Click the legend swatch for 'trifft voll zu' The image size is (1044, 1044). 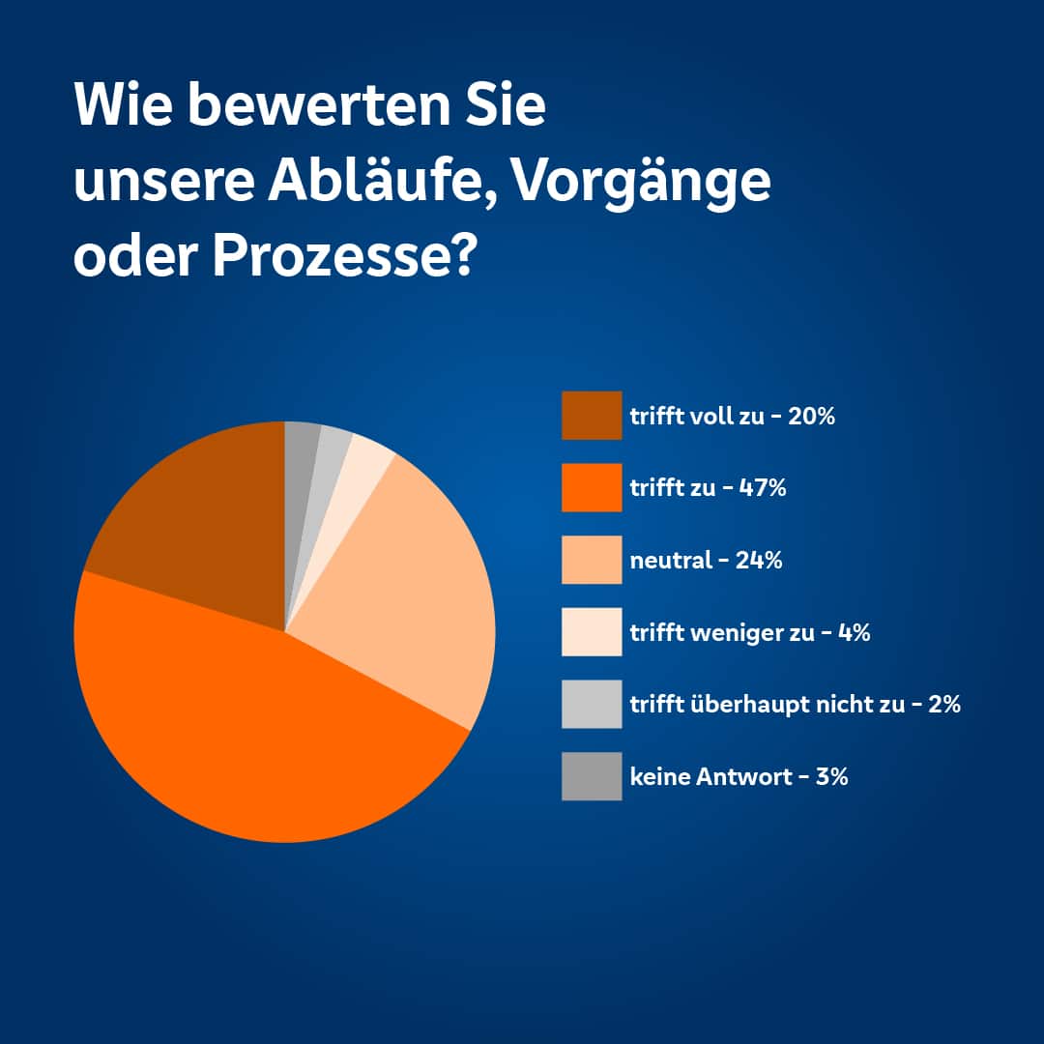point(592,416)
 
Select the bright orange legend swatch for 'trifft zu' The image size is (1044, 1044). point(592,487)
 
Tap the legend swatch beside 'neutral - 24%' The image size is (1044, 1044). point(592,560)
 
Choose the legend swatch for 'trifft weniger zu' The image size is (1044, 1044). point(592,632)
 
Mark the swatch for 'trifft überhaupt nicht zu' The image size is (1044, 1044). point(592,704)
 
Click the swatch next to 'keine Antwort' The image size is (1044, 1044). point(592,776)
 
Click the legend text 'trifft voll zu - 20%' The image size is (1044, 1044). point(732,418)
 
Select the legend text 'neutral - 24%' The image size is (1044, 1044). point(706,560)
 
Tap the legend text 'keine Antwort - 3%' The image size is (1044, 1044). point(739,776)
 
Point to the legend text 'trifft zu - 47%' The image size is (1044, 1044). point(708,488)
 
